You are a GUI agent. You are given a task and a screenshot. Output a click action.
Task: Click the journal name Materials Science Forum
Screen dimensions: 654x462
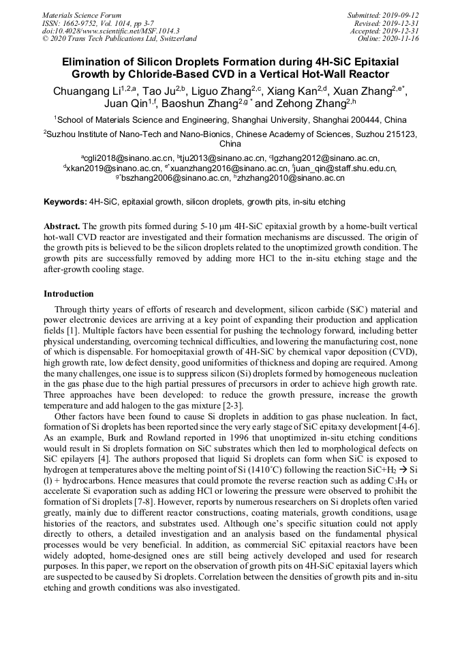pyautogui.click(x=81, y=15)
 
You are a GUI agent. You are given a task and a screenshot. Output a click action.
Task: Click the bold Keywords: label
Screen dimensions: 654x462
pyautogui.click(x=65, y=203)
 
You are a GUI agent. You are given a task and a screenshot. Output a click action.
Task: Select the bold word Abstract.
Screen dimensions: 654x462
pyautogui.click(x=62, y=226)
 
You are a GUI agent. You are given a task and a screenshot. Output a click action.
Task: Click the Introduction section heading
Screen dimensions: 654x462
pyautogui.click(x=69, y=294)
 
